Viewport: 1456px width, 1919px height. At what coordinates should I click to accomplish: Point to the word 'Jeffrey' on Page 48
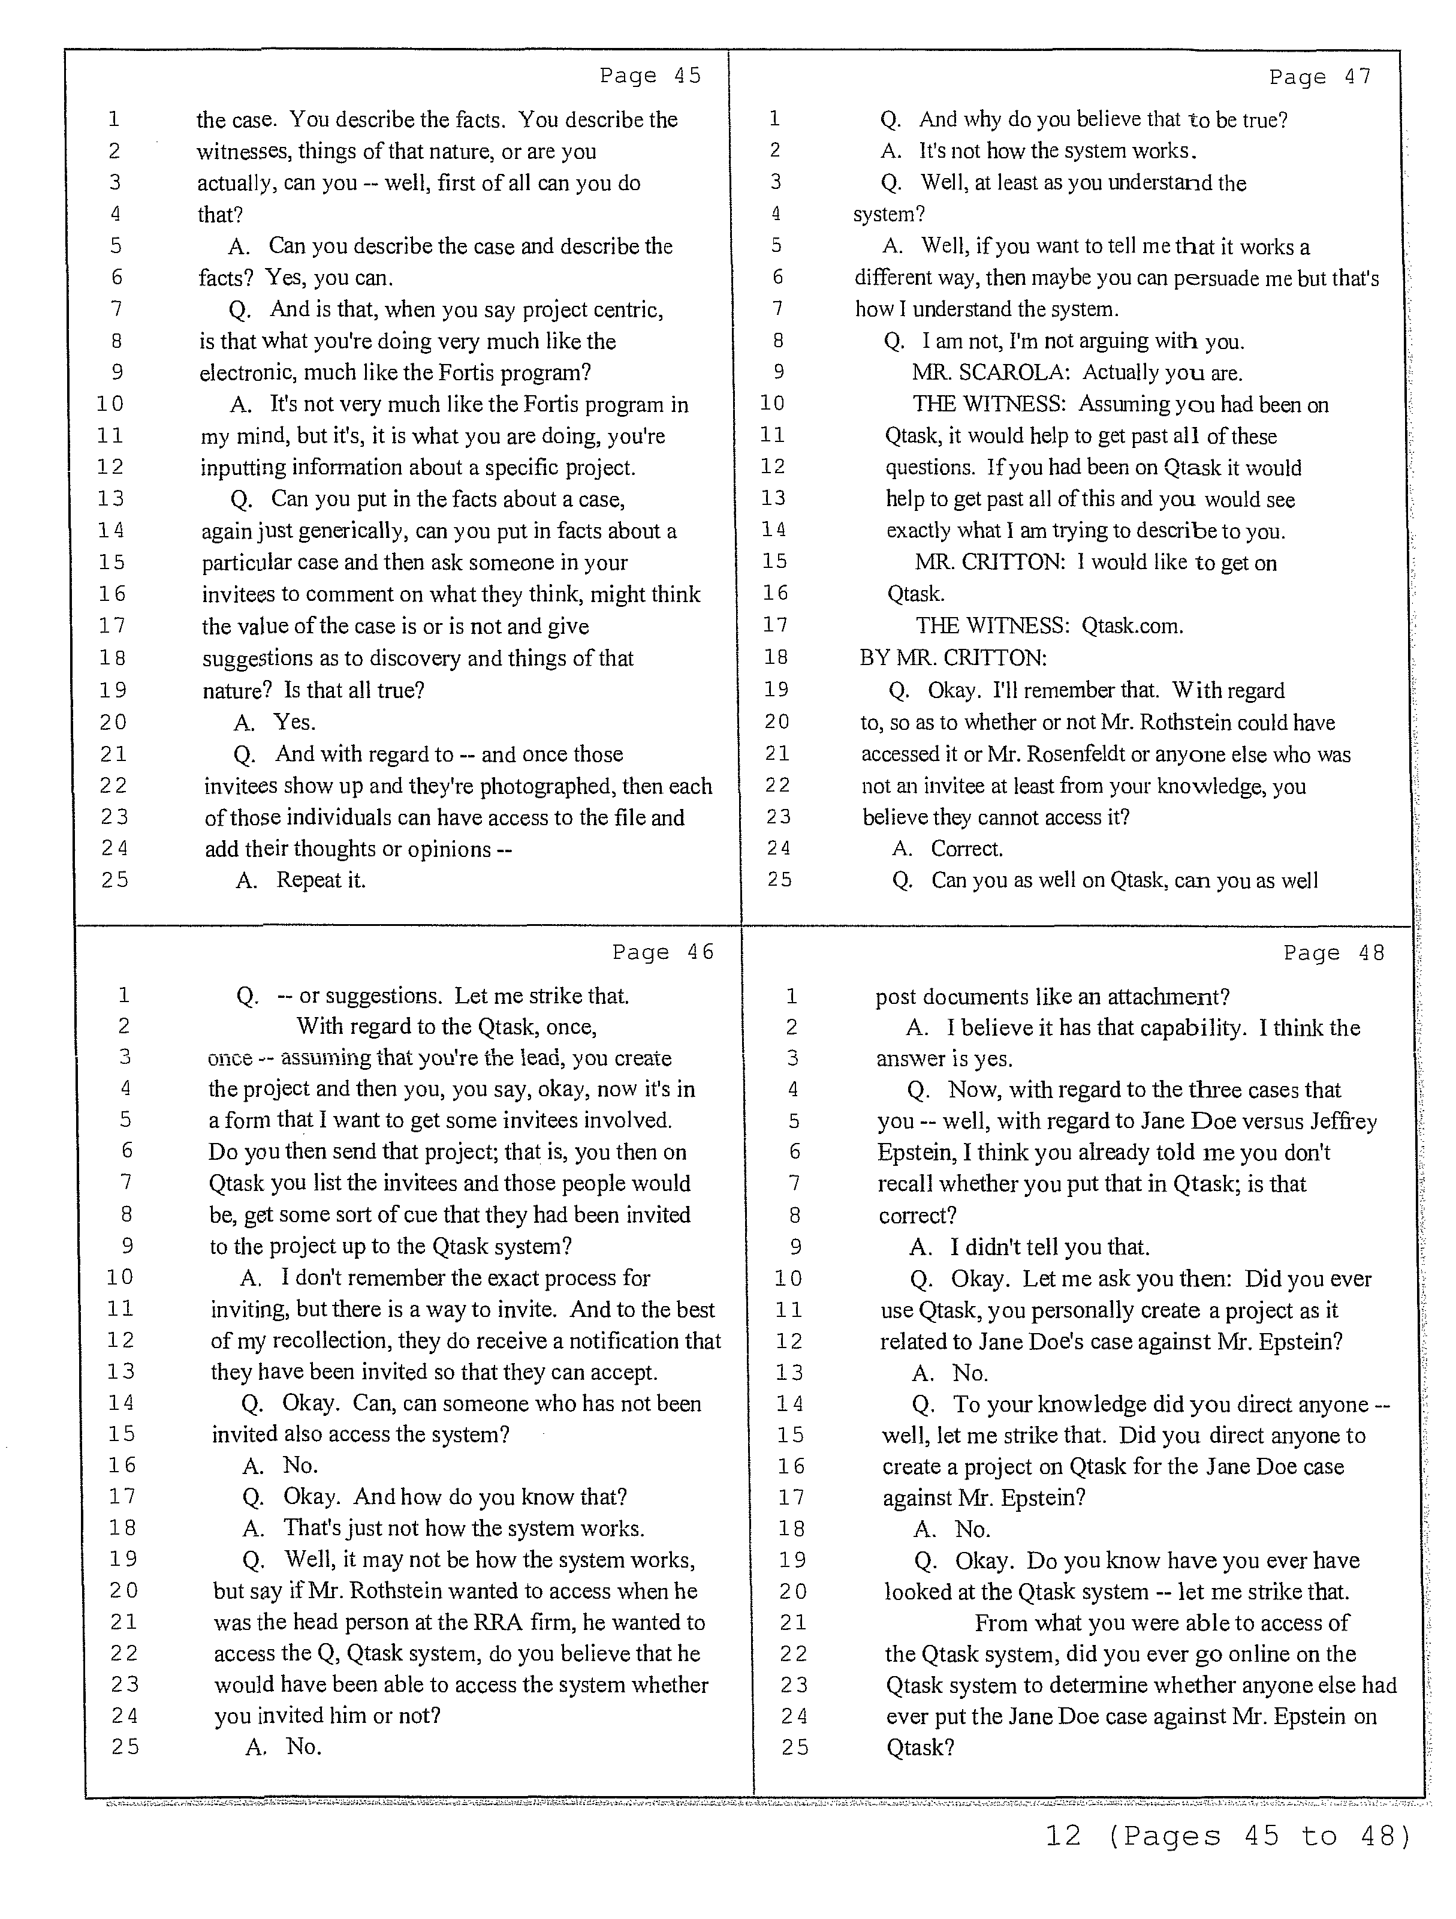(1343, 1122)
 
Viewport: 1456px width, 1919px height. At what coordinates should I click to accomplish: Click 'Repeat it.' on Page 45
(321, 880)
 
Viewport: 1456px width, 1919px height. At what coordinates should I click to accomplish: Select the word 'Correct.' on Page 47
(966, 849)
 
